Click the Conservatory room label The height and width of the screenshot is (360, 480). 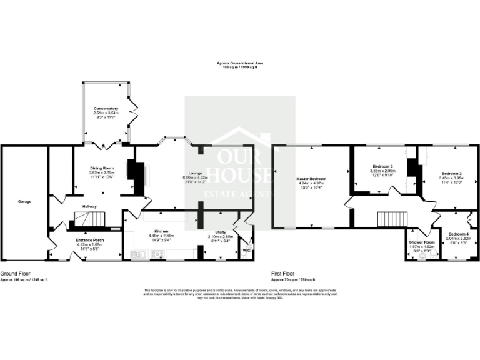point(106,108)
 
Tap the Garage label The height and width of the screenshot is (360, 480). point(24,201)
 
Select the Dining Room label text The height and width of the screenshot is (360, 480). point(103,167)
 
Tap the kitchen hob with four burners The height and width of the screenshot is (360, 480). point(157,253)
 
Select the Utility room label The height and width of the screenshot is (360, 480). point(220,232)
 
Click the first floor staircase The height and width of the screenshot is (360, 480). point(391,219)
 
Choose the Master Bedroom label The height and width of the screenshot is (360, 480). point(311,179)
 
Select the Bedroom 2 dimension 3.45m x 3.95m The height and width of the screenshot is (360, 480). point(451,177)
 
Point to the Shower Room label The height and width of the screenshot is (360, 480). point(421,242)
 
